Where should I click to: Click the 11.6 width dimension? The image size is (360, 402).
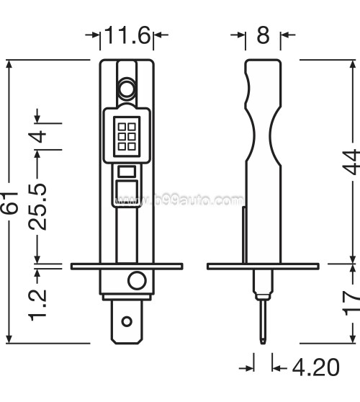pyautogui.click(x=128, y=35)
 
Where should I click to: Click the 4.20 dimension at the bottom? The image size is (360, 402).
pyautogui.click(x=314, y=368)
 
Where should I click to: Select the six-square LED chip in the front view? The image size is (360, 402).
pyautogui.click(x=127, y=134)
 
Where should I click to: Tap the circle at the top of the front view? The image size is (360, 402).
pyautogui.click(x=127, y=89)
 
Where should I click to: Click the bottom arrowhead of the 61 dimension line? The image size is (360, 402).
pyautogui.click(x=10, y=339)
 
